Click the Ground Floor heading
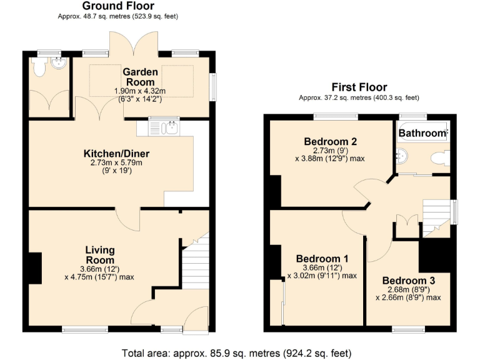[119, 6]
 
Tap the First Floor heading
[359, 87]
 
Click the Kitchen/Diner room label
[117, 154]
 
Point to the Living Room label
[99, 255]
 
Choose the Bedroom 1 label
[322, 259]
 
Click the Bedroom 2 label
[330, 141]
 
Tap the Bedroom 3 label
[408, 281]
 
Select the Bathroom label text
[423, 133]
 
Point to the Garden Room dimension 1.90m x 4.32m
[140, 91]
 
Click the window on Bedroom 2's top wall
[336, 116]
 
